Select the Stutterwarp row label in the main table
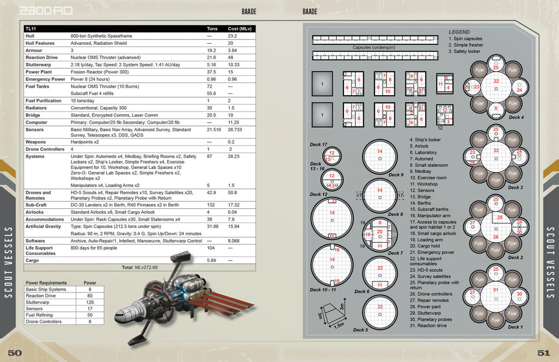point(38,65)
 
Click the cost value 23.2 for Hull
point(232,36)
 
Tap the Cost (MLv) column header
point(240,28)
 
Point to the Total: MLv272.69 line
point(140,267)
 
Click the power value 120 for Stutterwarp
point(90,302)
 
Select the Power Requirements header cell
point(46,283)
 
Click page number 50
point(15,353)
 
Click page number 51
point(544,353)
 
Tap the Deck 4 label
point(516,118)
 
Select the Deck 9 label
point(396,175)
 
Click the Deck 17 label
point(318,145)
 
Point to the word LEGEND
point(459,32)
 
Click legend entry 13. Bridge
point(420,197)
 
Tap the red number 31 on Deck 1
point(496,290)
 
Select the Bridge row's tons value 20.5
point(212,115)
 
